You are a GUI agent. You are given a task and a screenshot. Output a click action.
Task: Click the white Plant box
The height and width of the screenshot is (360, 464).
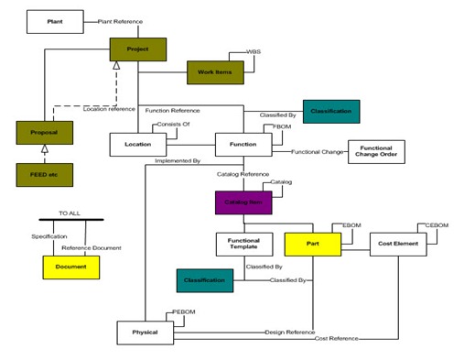54,19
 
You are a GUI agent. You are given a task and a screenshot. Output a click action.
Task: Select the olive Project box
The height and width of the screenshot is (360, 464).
137,49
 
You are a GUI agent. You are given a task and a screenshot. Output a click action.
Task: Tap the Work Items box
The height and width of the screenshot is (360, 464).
213,71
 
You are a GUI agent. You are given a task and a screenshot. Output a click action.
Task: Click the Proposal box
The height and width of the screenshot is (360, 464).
43,134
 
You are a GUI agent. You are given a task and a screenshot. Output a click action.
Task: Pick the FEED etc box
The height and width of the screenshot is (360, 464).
43,172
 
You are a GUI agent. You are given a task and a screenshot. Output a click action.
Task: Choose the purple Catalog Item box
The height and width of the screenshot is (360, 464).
243,201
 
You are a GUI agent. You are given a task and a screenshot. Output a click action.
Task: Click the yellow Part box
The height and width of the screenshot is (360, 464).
312,244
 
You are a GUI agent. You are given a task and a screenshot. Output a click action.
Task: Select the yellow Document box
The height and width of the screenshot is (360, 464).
70,267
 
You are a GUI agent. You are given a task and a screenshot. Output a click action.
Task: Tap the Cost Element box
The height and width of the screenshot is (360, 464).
398,244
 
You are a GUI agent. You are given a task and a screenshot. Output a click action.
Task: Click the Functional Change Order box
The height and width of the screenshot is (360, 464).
376,151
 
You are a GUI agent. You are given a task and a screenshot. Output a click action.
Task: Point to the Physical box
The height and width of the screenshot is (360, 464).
145,332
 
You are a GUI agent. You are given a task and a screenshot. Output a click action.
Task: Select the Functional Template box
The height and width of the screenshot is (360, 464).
243,244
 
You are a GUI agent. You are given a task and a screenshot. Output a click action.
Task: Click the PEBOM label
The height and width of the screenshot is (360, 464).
186,313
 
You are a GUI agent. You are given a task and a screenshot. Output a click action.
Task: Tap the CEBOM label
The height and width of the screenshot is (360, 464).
437,225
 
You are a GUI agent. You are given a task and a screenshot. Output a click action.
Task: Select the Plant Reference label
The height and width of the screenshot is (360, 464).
113,19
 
